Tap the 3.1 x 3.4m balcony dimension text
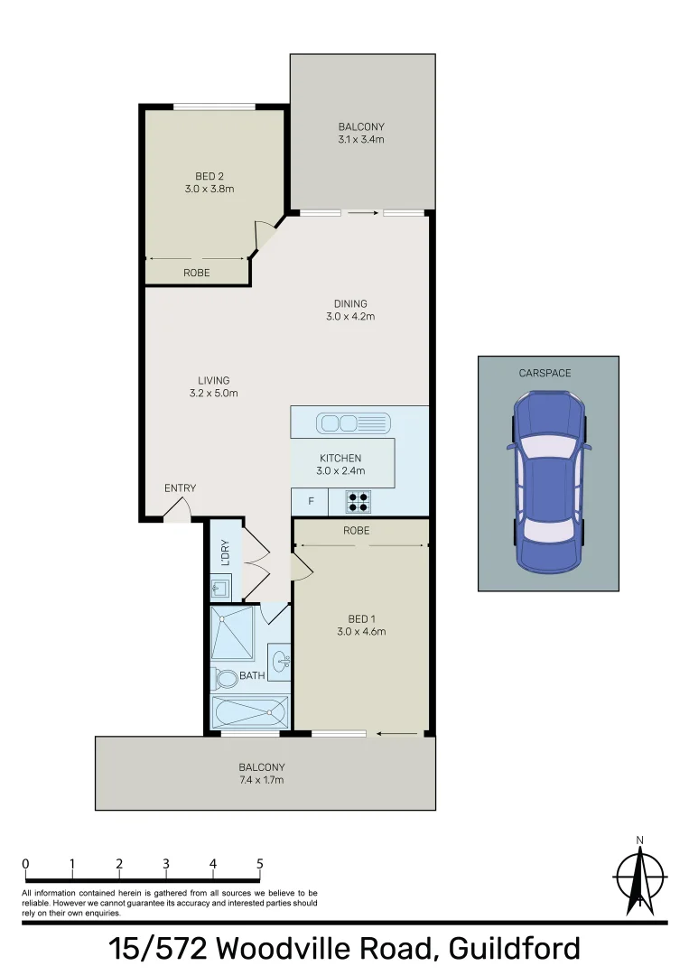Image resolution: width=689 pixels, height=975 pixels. coord(361,140)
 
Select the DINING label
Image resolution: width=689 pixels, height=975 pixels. coord(350,303)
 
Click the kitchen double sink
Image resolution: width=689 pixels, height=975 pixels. coord(353,422)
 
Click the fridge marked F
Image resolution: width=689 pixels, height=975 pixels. coord(312,501)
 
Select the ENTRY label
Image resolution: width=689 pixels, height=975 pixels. coord(180,488)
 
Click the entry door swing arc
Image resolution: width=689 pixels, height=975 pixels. coord(178,511)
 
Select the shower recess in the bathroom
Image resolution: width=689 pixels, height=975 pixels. coord(233,634)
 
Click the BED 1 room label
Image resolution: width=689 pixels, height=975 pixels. coord(361,618)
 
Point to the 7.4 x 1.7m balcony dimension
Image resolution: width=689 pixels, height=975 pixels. coord(263,780)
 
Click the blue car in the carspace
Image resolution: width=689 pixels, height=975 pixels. coord(547,482)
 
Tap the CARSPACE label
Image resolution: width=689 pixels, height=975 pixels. coord(545,373)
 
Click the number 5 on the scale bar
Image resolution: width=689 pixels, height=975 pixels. coord(260,864)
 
